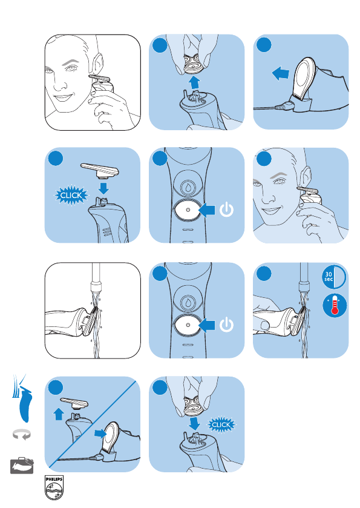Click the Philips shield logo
tap(54, 487)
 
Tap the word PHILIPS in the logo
tap(54, 479)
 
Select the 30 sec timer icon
tap(334, 277)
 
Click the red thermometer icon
tap(335, 305)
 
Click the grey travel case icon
tap(22, 466)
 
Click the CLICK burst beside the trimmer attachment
tap(71, 196)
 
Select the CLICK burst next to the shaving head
tap(221, 424)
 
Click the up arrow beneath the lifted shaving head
tap(195, 82)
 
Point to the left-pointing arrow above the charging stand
tap(280, 73)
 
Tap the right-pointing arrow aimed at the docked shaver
tap(100, 433)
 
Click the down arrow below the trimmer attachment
tap(103, 188)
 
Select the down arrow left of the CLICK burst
tap(195, 423)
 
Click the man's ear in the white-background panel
tap(98, 64)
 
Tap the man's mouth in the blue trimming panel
tap(271, 211)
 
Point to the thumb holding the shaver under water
tap(265, 325)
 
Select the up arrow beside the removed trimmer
tap(58, 414)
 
